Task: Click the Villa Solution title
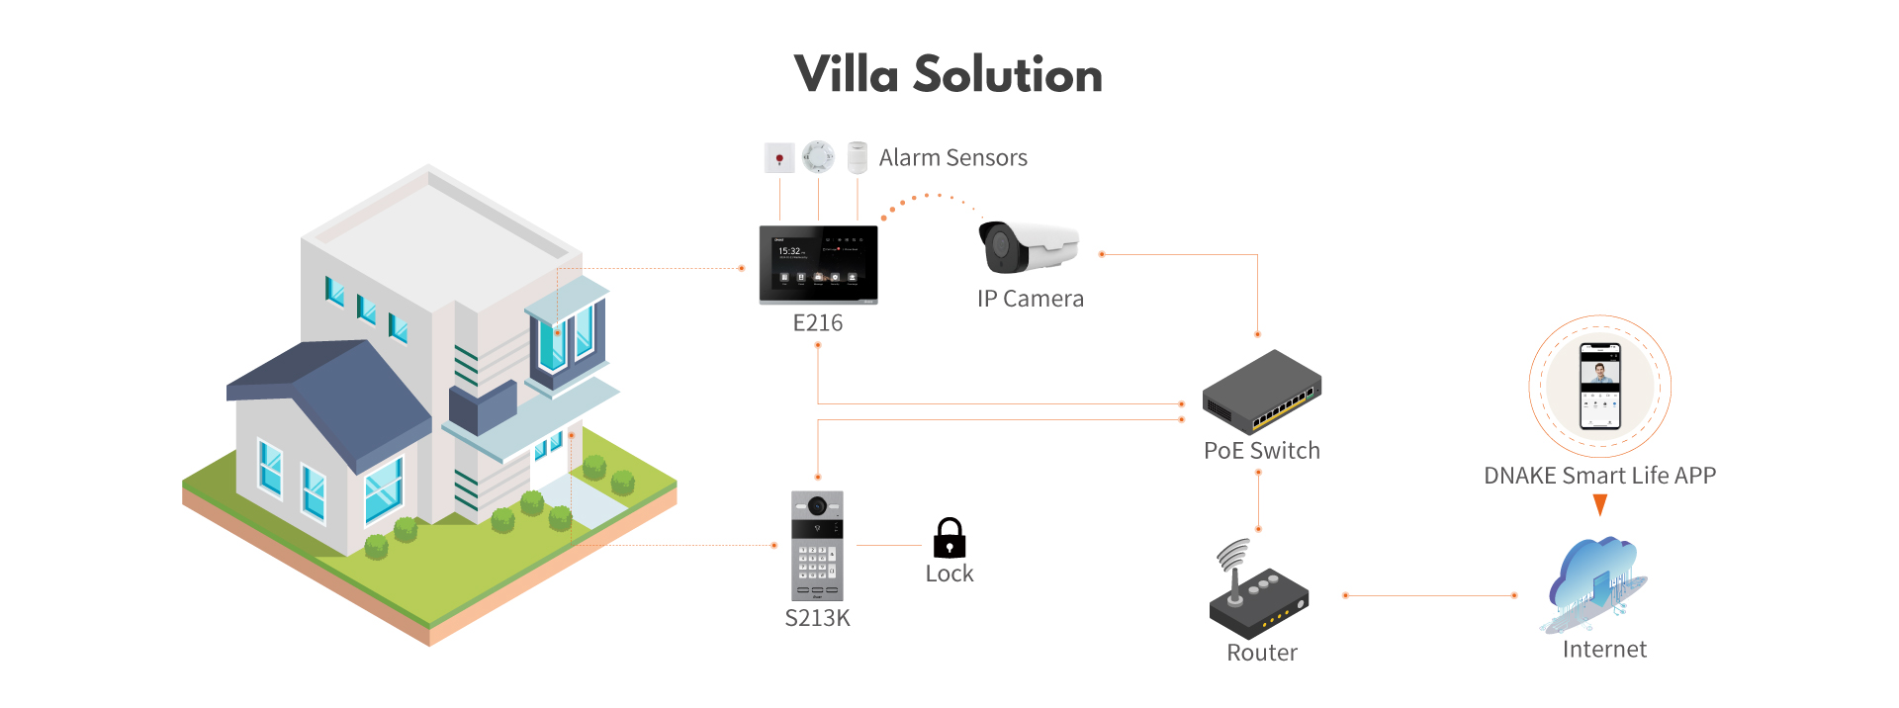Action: pos(948,75)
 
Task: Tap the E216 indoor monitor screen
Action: pos(818,263)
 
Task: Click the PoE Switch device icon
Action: pos(1262,392)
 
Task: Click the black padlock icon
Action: pos(949,539)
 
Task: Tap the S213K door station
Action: pos(817,545)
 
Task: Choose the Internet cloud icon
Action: pos(1594,583)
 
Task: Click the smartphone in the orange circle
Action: pos(1599,387)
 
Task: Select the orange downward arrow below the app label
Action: pos(1599,505)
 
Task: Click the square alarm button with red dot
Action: pos(779,158)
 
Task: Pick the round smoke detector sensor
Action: pos(818,156)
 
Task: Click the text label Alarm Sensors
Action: pos(952,158)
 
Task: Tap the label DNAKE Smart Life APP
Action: pos(1599,476)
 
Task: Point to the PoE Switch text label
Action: pos(1261,451)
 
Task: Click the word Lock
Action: pos(949,575)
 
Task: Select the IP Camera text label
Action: pos(1030,299)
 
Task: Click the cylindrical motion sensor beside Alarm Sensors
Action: pos(858,157)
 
